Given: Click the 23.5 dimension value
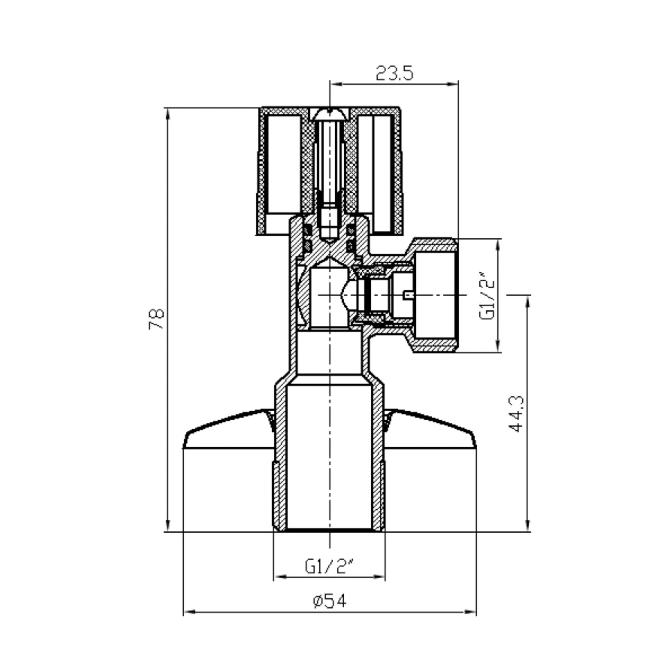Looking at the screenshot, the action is click(x=394, y=73).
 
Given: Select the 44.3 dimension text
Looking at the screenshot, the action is click(x=517, y=414).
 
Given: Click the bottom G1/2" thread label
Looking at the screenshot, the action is click(x=329, y=566).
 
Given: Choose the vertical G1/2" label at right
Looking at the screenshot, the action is click(x=487, y=294).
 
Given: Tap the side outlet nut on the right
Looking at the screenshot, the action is click(x=434, y=296).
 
